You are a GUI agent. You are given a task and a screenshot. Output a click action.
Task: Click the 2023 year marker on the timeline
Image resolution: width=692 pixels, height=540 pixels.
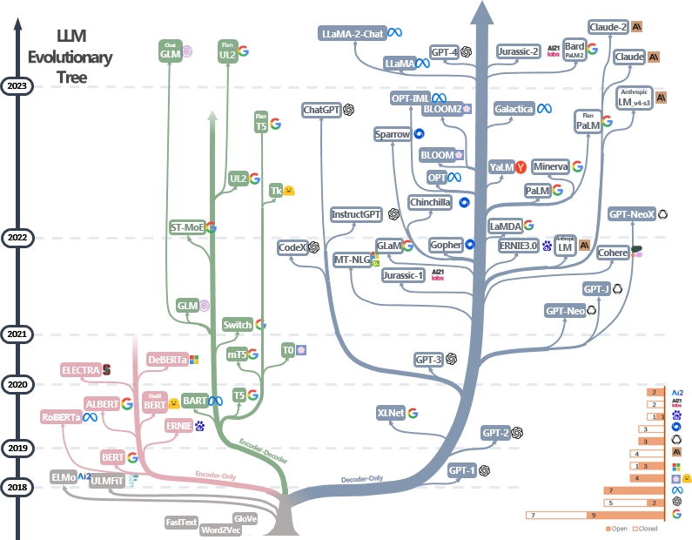(17, 85)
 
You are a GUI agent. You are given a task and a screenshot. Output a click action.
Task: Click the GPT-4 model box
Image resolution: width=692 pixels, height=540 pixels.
(444, 52)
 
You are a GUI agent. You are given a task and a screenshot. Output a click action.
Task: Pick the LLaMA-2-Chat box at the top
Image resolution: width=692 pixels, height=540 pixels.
(353, 33)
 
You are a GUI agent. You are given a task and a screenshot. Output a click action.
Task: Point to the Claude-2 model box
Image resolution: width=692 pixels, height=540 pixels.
(608, 27)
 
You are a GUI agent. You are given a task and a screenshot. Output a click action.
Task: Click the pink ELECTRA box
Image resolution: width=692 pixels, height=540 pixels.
(80, 370)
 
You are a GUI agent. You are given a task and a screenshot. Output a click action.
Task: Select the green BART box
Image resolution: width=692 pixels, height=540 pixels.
(193, 400)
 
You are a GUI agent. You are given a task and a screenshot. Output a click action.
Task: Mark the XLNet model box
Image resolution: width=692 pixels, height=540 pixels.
(391, 413)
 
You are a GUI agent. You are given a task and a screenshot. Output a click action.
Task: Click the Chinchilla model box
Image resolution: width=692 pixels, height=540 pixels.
(430, 202)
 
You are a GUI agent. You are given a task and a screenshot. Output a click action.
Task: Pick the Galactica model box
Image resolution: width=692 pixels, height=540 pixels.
(514, 109)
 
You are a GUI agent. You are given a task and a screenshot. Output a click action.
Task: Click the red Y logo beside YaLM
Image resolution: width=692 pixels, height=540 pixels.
(521, 166)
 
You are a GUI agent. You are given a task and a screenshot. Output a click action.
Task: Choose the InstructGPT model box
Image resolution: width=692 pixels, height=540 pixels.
(357, 213)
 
